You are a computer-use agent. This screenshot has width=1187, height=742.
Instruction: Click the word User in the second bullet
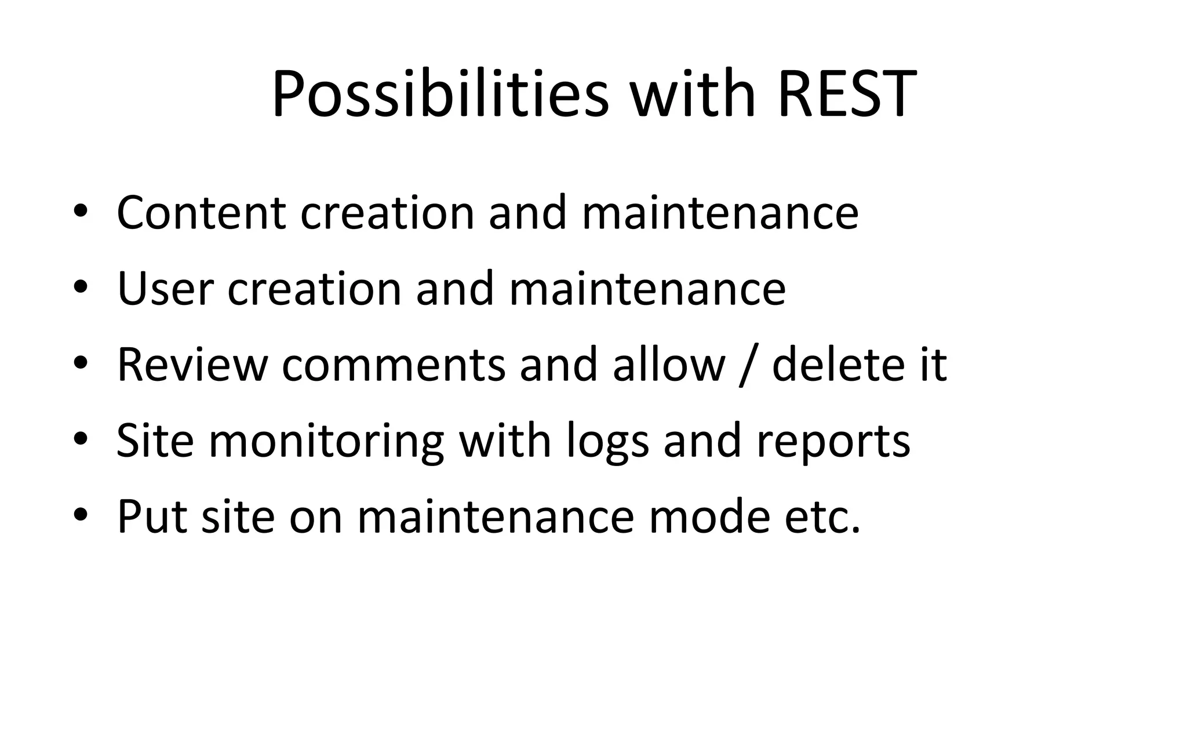(165, 289)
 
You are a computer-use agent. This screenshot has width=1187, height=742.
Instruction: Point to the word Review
(192, 365)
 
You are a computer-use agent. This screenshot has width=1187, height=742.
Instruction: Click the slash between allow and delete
(748, 365)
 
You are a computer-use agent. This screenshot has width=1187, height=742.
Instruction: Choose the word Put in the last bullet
(152, 517)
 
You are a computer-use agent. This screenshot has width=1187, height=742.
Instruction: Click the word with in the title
(693, 94)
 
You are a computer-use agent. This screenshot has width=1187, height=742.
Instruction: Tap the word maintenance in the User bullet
(647, 289)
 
